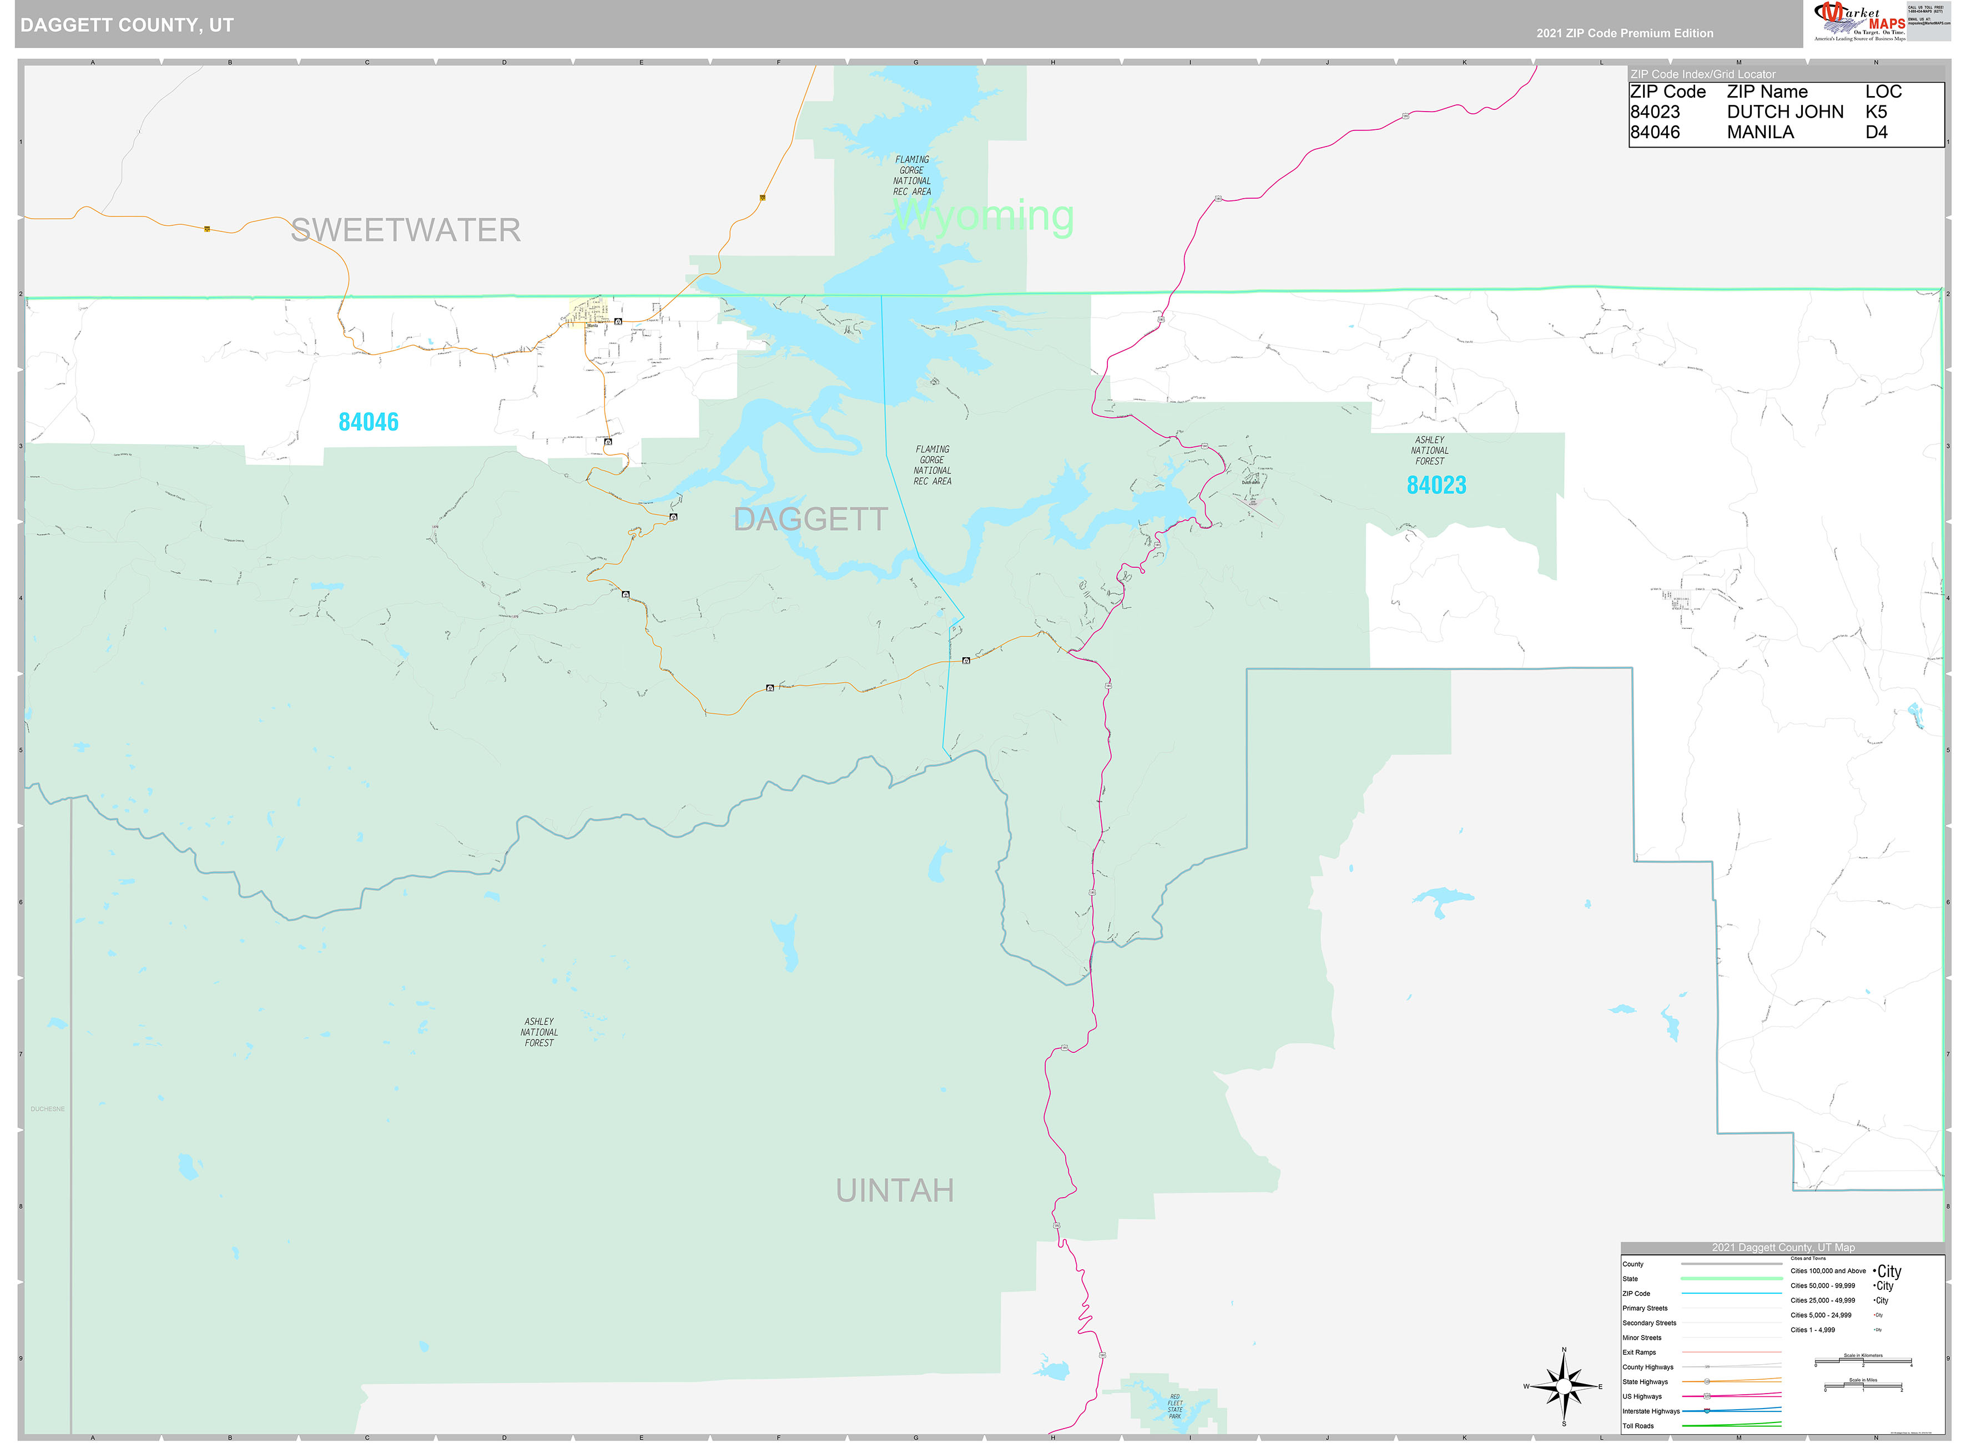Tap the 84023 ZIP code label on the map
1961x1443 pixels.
pyautogui.click(x=1436, y=486)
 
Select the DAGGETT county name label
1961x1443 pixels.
pyautogui.click(x=810, y=519)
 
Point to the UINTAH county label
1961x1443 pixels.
pyautogui.click(x=894, y=1190)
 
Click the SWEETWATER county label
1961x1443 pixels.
pyautogui.click(x=405, y=230)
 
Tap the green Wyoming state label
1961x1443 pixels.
pyautogui.click(x=984, y=216)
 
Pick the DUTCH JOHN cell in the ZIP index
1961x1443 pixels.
pyautogui.click(x=1784, y=112)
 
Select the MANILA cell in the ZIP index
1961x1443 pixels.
pyautogui.click(x=1760, y=132)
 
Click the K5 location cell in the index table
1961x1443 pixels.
pyautogui.click(x=1876, y=112)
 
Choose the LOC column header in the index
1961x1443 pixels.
pyautogui.click(x=1883, y=92)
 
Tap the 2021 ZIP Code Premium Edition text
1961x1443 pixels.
pyautogui.click(x=1625, y=33)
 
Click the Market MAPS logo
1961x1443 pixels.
pyautogui.click(x=1861, y=21)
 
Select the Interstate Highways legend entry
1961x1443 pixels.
pyautogui.click(x=1651, y=1411)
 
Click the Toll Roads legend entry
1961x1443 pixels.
pyautogui.click(x=1639, y=1426)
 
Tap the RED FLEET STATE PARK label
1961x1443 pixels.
pyautogui.click(x=1175, y=1406)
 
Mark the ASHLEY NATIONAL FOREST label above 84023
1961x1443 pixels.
pyautogui.click(x=1430, y=451)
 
